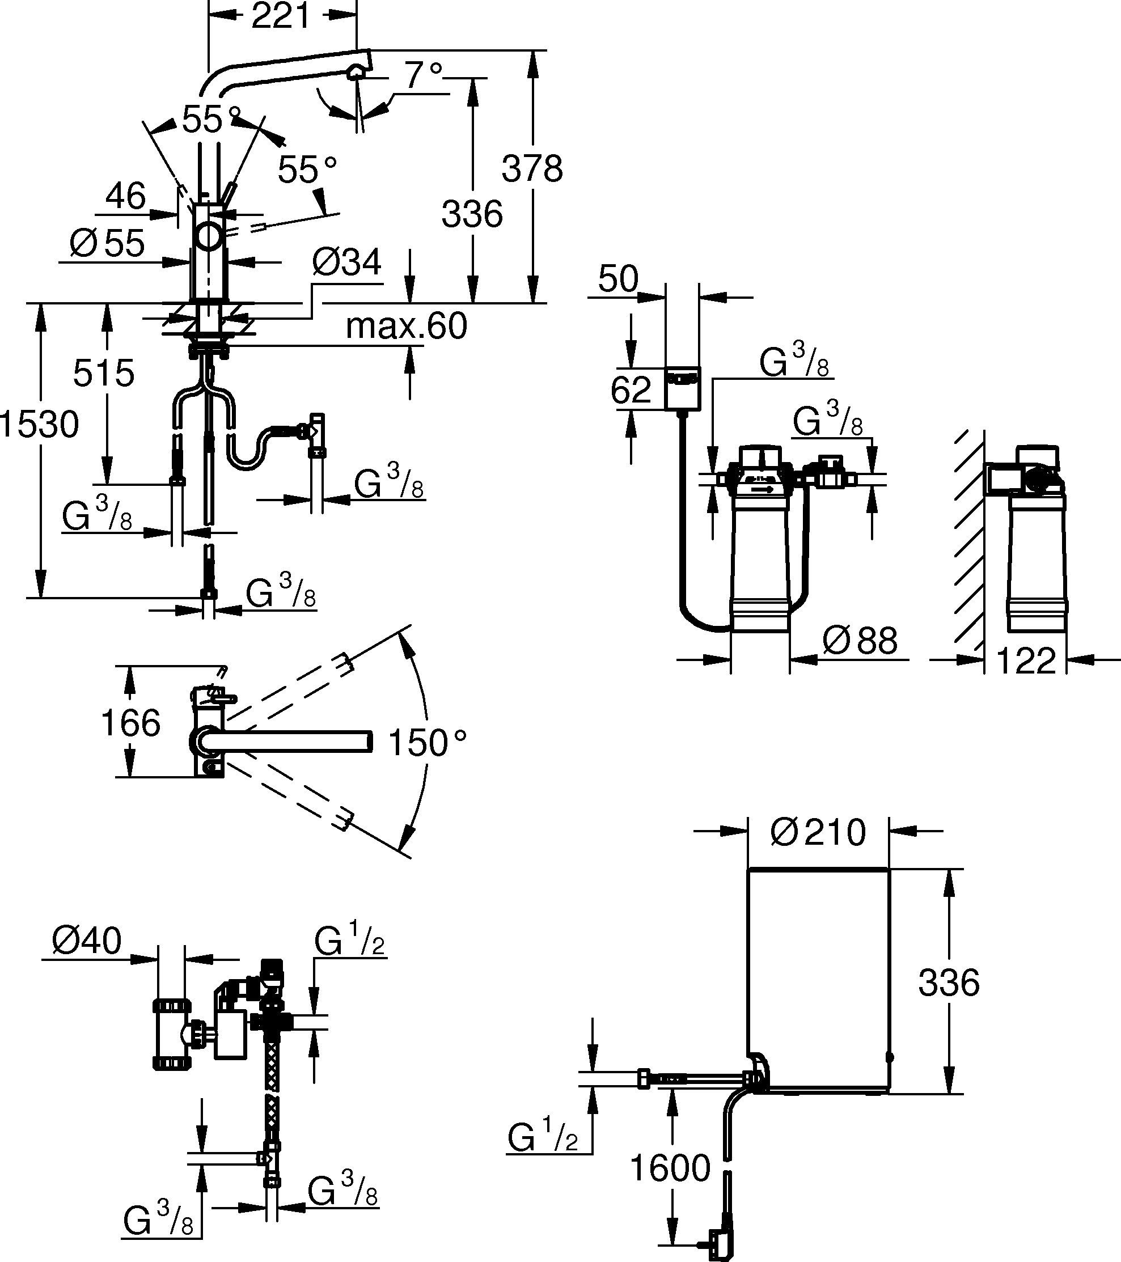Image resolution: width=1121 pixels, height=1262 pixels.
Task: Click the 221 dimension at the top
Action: pyautogui.click(x=281, y=16)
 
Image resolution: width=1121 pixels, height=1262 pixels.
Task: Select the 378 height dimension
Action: pyautogui.click(x=532, y=168)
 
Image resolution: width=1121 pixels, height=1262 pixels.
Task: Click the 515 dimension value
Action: pyautogui.click(x=104, y=373)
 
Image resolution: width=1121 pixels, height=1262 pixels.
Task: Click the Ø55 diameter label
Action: pyautogui.click(x=108, y=243)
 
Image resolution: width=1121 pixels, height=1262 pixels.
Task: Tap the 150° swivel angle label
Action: pyautogui.click(x=427, y=743)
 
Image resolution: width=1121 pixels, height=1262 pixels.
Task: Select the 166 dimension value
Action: pyautogui.click(x=130, y=723)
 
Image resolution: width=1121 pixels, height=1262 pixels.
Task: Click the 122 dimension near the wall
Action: pyautogui.click(x=1026, y=661)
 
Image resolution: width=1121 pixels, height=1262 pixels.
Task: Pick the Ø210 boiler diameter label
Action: pyautogui.click(x=818, y=832)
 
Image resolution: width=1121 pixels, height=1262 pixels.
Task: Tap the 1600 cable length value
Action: pyautogui.click(x=670, y=1168)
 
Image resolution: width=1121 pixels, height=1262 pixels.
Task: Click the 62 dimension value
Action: pyautogui.click(x=631, y=389)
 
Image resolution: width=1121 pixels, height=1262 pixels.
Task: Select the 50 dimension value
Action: pyautogui.click(x=618, y=279)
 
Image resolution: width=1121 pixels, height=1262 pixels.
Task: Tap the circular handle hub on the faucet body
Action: pyautogui.click(x=209, y=238)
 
